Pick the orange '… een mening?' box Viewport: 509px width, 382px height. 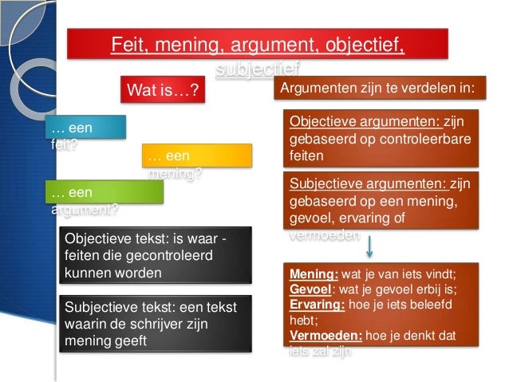pyautogui.click(x=196, y=156)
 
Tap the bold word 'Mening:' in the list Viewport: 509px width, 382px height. pyautogui.click(x=314, y=273)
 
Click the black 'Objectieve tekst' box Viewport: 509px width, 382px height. pyautogui.click(x=156, y=254)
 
